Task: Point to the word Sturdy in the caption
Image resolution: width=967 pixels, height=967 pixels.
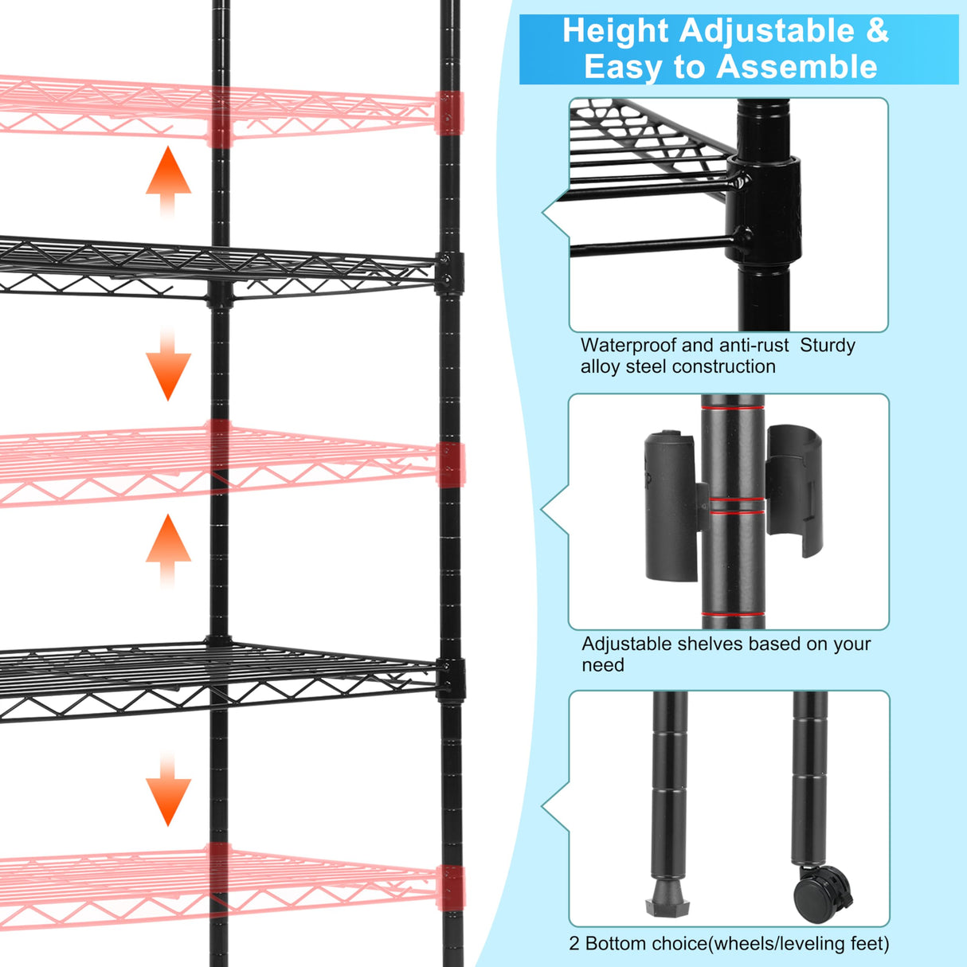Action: (827, 346)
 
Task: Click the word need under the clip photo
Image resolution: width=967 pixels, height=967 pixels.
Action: (603, 665)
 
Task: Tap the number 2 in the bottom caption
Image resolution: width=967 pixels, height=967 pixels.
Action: (574, 944)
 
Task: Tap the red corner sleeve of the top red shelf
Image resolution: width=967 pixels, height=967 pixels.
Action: (449, 113)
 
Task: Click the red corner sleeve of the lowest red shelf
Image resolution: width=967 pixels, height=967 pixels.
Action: (450, 887)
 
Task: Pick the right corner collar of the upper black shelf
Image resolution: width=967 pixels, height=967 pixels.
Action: (449, 273)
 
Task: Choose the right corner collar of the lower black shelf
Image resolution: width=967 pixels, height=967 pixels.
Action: (451, 678)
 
